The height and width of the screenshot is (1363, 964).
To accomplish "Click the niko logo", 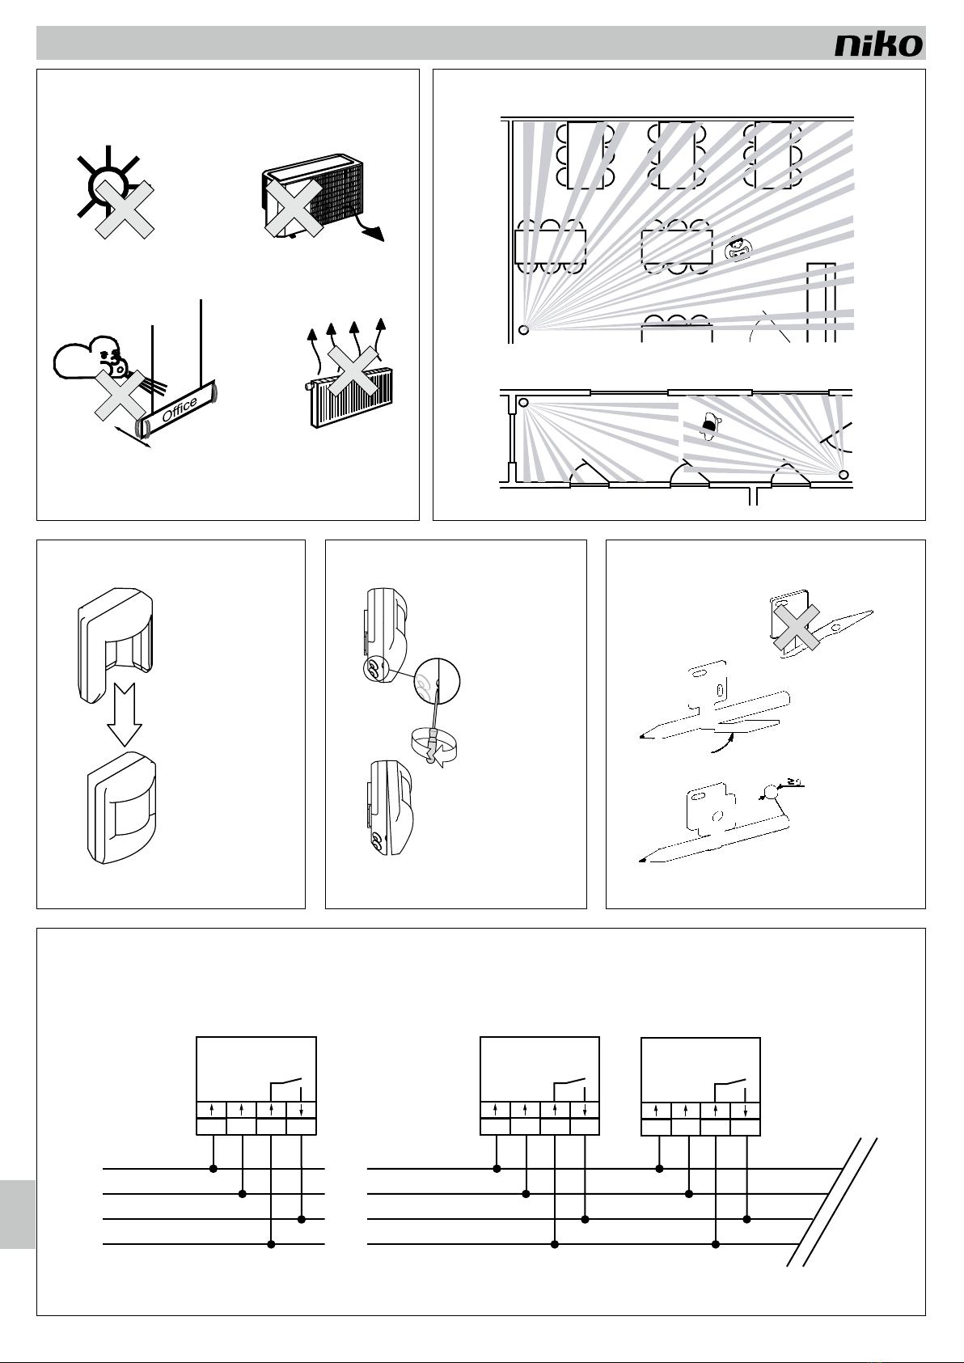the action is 878,44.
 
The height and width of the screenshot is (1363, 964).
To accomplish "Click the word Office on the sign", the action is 180,409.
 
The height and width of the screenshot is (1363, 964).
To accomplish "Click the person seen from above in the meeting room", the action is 737,248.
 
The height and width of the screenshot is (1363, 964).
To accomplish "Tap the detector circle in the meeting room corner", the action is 523,329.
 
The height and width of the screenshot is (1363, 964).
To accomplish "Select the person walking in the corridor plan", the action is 709,425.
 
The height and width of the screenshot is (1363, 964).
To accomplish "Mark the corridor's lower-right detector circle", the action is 843,475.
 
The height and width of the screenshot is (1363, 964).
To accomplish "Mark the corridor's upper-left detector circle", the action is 523,402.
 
